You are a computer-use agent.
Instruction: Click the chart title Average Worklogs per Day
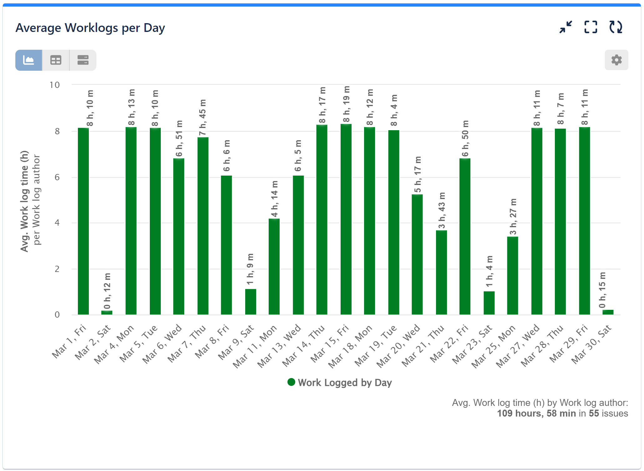tap(90, 28)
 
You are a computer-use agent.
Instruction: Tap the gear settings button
tap(616, 60)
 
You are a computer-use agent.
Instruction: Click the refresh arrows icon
tap(616, 27)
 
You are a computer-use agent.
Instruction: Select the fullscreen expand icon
tap(591, 27)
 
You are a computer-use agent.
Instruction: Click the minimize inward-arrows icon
tap(566, 27)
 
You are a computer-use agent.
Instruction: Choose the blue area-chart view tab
tap(29, 60)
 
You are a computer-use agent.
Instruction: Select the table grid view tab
tap(56, 60)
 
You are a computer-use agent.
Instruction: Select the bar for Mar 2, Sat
tap(107, 312)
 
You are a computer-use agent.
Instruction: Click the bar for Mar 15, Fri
tap(346, 219)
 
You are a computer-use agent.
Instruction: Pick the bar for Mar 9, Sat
tap(251, 302)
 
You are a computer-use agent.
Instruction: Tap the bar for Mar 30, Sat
tap(608, 312)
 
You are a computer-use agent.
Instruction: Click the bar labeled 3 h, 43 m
tap(441, 272)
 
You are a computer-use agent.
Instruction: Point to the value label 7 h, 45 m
tap(203, 118)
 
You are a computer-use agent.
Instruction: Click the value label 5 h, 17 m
tap(418, 174)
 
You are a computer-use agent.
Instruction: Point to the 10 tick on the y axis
tap(55, 85)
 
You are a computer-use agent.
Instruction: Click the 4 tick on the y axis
tap(57, 223)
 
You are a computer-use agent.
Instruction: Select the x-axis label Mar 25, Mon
tap(493, 346)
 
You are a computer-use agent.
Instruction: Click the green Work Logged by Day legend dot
tap(291, 382)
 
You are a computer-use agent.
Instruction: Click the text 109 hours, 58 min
tap(536, 413)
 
